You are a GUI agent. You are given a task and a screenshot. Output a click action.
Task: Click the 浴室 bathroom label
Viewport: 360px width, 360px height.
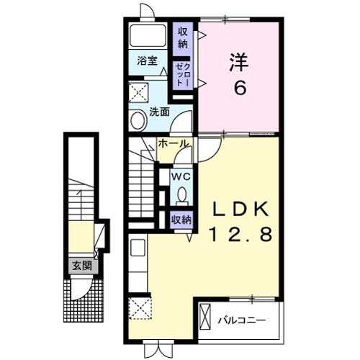[x=147, y=62]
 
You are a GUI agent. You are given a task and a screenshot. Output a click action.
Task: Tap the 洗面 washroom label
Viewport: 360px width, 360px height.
[x=159, y=112]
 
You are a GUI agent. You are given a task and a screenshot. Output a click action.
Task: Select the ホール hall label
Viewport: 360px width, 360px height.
[x=174, y=144]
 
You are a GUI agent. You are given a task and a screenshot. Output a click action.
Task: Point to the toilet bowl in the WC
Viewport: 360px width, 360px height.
[x=181, y=194]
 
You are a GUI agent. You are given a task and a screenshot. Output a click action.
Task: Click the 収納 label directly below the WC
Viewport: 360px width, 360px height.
[x=181, y=219]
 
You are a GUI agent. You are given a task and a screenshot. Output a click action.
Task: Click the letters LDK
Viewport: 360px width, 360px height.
[x=240, y=210]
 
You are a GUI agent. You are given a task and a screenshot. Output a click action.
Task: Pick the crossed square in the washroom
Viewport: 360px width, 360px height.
[x=138, y=92]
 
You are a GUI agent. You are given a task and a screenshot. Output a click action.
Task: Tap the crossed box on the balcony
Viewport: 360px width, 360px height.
[x=206, y=318]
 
